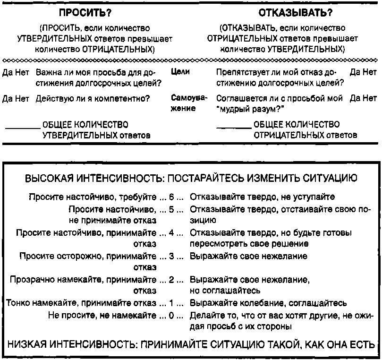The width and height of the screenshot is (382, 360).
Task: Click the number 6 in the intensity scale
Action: click(x=171, y=196)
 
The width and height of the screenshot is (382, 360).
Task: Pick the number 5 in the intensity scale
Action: click(x=171, y=208)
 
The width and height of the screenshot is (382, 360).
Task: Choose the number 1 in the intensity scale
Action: click(x=171, y=303)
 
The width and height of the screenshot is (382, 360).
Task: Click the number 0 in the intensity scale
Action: click(x=171, y=315)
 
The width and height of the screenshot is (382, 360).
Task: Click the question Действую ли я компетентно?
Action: click(x=93, y=99)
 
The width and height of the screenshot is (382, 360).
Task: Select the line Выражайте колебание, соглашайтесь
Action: click(x=268, y=303)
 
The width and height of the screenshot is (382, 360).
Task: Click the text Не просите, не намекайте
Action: click(x=102, y=315)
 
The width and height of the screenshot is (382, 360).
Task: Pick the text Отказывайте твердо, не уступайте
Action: click(x=262, y=196)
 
